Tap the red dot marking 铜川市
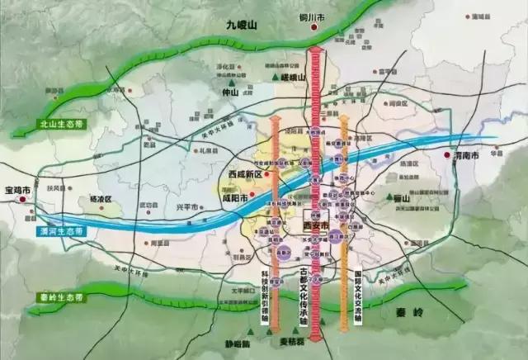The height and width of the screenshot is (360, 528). tap(313, 27)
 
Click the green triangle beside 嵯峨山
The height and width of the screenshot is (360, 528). tap(276, 78)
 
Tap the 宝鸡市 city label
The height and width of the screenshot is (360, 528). tap(18, 189)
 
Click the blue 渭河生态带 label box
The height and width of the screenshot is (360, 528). tap(60, 230)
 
